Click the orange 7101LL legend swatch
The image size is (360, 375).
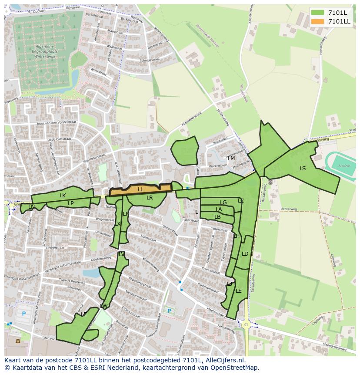click(x=317, y=21)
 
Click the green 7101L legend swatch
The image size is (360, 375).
click(x=317, y=12)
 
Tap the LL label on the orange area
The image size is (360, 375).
click(x=140, y=189)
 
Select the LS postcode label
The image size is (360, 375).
click(x=303, y=169)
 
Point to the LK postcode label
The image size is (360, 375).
click(x=63, y=196)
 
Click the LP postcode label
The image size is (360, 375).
click(x=70, y=203)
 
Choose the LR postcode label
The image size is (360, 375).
click(x=150, y=198)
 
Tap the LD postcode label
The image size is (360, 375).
click(x=245, y=254)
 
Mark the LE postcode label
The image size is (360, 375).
click(x=238, y=291)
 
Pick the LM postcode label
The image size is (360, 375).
click(x=231, y=159)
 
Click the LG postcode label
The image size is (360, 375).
click(x=223, y=203)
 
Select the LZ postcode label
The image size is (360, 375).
click(x=83, y=314)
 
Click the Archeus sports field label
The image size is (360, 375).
click(x=344, y=166)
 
